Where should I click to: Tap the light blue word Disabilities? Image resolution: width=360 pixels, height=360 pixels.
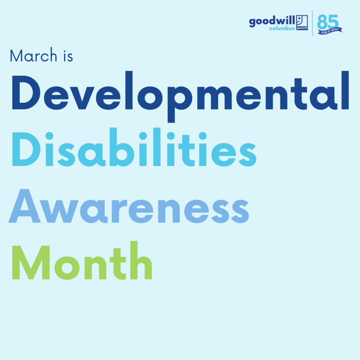(x=134, y=147)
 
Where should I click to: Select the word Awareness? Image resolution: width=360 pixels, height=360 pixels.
(x=129, y=206)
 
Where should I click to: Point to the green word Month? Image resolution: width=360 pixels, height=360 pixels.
(x=82, y=261)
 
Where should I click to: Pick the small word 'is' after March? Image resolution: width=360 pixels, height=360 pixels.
(x=68, y=56)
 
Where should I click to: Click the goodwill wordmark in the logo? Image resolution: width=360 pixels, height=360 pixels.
(x=272, y=21)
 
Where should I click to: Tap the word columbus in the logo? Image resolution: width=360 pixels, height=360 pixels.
(x=282, y=28)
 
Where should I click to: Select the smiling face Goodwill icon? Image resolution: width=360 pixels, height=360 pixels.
(x=302, y=23)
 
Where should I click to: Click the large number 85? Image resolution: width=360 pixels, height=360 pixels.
(x=328, y=22)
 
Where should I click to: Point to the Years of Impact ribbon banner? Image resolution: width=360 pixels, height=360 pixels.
(x=330, y=31)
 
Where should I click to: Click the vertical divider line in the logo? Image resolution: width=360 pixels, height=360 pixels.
(x=312, y=23)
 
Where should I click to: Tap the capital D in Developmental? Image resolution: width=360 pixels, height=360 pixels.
(x=26, y=92)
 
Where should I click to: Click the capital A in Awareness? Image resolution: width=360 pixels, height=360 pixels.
(x=25, y=206)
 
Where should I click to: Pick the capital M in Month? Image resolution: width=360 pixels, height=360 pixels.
(x=31, y=262)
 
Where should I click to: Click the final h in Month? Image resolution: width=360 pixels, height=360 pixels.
(x=141, y=261)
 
